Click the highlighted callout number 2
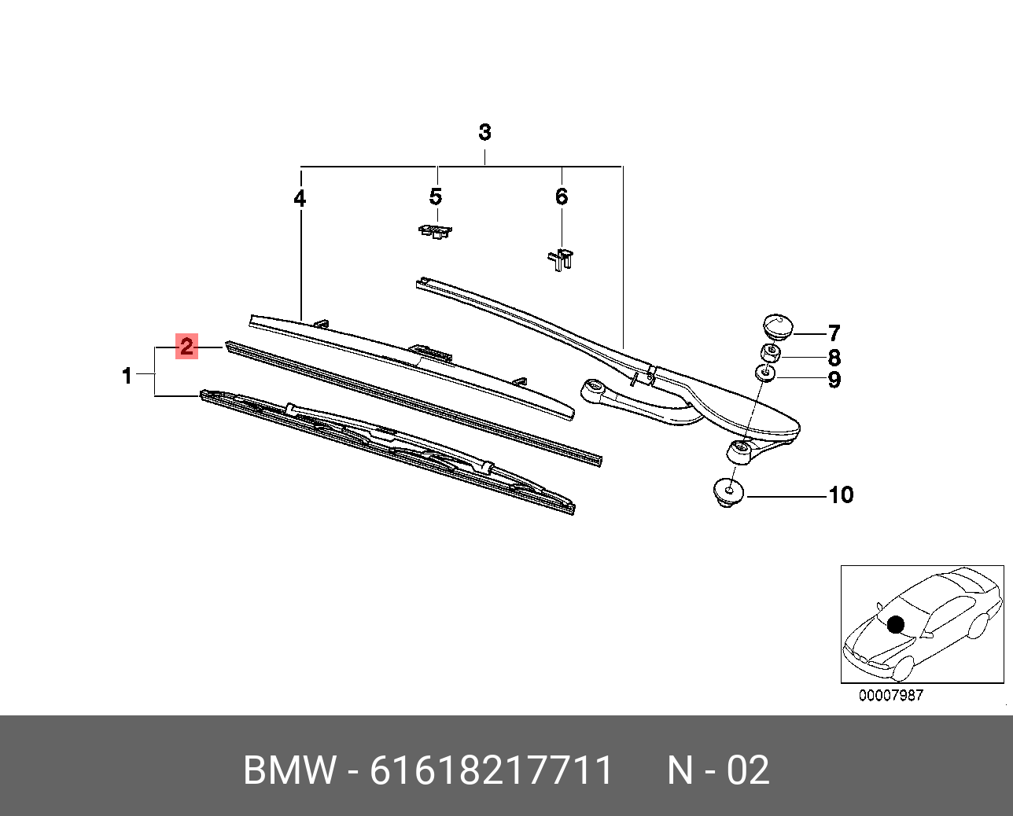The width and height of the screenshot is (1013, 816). click(x=186, y=347)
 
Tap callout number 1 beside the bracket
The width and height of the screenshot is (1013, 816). click(x=127, y=377)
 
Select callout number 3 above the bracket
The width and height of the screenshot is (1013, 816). click(x=484, y=132)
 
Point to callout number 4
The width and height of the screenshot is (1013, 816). click(x=300, y=199)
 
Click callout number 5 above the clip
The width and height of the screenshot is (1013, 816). click(x=436, y=197)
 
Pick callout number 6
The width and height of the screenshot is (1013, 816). click(x=561, y=197)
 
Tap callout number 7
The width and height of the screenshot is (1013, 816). click(x=834, y=333)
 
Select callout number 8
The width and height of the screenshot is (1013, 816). click(x=834, y=358)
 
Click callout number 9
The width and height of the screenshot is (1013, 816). click(x=834, y=380)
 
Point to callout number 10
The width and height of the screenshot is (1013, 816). click(x=841, y=495)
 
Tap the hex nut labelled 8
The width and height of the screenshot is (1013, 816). click(x=770, y=352)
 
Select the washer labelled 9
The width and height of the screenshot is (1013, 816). click(x=764, y=372)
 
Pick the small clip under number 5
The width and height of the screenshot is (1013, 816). click(x=434, y=231)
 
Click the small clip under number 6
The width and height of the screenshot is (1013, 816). click(x=560, y=259)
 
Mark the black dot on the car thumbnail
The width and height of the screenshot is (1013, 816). click(x=895, y=625)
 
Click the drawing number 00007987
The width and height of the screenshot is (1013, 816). click(x=890, y=695)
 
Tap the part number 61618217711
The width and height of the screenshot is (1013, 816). click(x=491, y=770)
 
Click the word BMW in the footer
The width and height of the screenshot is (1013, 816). click(x=289, y=770)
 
